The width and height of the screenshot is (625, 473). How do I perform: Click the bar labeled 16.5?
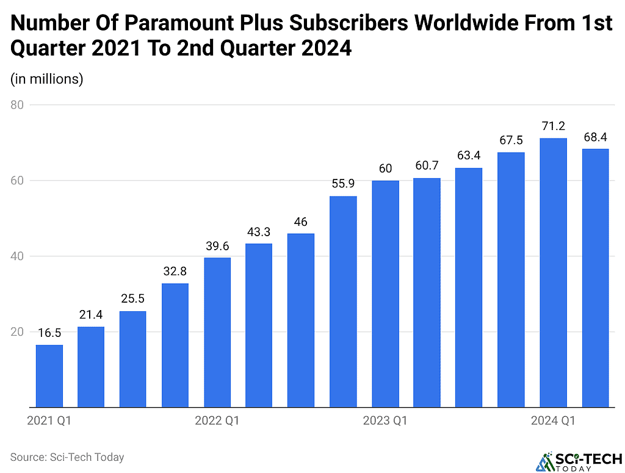[49, 376]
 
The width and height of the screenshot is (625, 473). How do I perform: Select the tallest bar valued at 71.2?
[553, 273]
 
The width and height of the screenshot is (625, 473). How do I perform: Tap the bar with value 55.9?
[343, 301]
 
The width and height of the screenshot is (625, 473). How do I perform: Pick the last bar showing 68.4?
[595, 278]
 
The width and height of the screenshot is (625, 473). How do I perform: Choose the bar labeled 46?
[301, 320]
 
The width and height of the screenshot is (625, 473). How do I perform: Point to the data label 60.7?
[427, 166]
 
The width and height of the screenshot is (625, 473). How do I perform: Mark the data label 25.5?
[133, 299]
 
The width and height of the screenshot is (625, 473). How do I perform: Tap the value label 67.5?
[511, 140]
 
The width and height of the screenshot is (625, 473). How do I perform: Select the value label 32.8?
[175, 271]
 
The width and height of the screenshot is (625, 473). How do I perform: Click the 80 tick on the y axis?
[16, 105]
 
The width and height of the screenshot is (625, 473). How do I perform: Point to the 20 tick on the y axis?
[16, 332]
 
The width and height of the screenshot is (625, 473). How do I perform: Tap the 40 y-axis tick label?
[16, 256]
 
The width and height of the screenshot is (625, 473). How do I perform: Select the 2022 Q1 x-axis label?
[217, 421]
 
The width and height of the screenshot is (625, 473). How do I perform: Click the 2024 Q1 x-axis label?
[553, 421]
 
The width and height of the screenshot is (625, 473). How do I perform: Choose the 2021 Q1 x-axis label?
[49, 421]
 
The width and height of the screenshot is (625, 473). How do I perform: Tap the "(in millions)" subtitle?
[46, 79]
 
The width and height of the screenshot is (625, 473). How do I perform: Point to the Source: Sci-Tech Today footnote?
[67, 457]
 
